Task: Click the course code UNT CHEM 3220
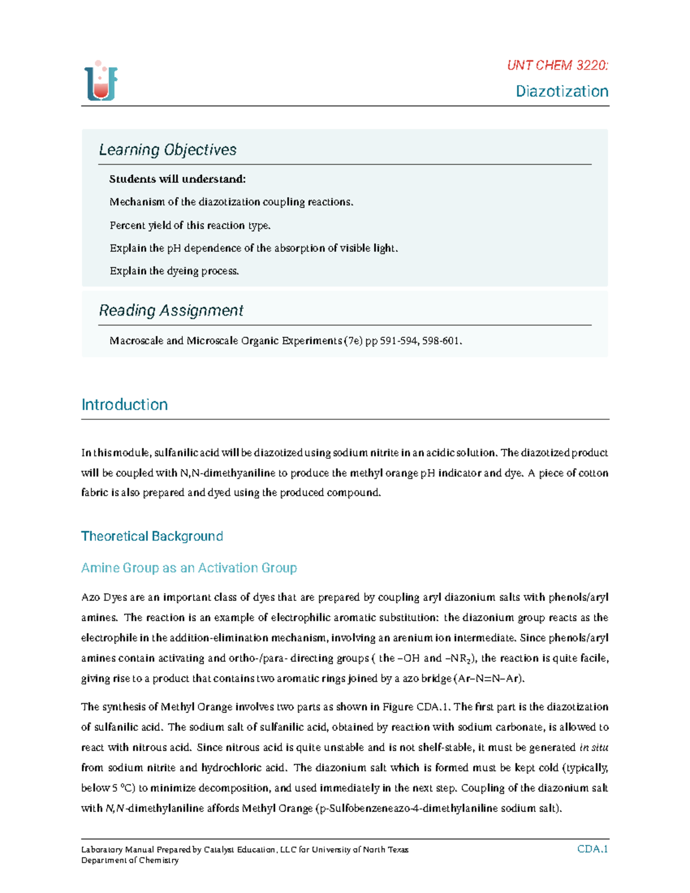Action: click(557, 66)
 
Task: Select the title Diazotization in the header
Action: click(562, 91)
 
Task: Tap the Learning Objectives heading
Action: click(167, 150)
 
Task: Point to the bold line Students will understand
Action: click(177, 179)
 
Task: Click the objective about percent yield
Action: click(190, 225)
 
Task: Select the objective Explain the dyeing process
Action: click(174, 271)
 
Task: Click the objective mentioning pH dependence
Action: click(254, 248)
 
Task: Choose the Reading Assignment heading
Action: click(171, 311)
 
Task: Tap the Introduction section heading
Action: click(124, 405)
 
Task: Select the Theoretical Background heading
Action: click(152, 536)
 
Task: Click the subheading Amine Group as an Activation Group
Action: click(189, 568)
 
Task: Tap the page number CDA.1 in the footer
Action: click(592, 849)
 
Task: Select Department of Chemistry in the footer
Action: click(130, 861)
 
